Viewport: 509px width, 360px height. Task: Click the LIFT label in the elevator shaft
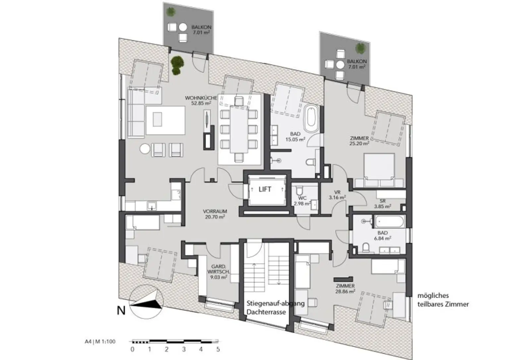coord(265,189)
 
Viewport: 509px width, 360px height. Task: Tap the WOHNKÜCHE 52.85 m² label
coord(201,100)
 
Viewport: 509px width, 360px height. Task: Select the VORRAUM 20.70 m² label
coord(215,214)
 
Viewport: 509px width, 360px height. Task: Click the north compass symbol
coord(146,302)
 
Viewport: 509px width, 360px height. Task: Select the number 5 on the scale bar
coord(218,349)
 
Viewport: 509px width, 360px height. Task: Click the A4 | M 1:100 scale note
coord(99,341)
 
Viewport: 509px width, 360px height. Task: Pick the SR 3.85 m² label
coord(382,204)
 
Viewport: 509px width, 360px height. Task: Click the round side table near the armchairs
coord(145,149)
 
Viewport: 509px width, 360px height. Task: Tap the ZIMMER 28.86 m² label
coord(345,288)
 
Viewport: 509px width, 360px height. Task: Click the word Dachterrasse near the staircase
coord(266,312)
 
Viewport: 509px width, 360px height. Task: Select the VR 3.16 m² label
coord(337,195)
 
